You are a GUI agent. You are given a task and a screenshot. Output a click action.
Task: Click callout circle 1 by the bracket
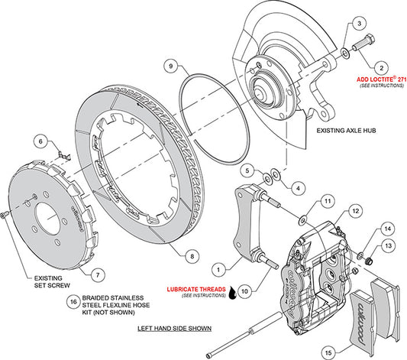point(218,268)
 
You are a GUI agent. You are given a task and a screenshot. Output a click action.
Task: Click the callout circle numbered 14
point(387,228)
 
